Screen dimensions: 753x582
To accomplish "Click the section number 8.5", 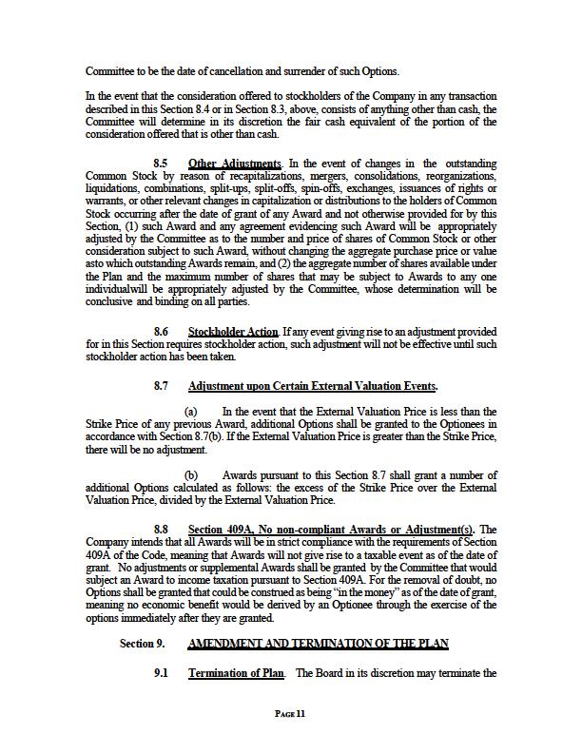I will (162, 164).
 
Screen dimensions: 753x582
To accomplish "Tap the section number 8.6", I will (162, 331).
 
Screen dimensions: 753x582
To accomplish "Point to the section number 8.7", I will (162, 387).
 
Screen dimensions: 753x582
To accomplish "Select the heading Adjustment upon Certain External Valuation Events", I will (313, 387).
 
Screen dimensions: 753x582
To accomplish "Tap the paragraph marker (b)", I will (190, 474).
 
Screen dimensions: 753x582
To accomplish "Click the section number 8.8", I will (162, 529).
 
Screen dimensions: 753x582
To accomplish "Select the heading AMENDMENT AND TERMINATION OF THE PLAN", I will (319, 644).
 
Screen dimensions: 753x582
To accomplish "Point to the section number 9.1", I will (162, 673).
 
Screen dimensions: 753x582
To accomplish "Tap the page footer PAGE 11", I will (290, 712).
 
